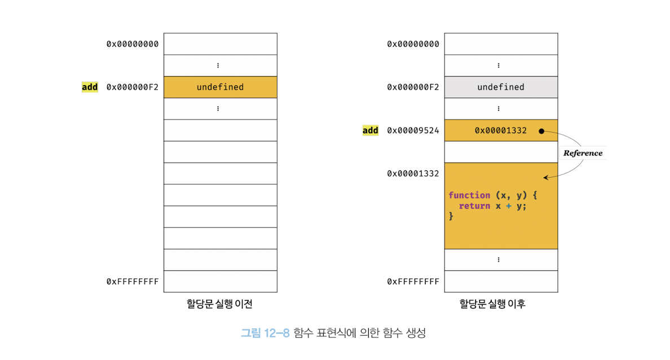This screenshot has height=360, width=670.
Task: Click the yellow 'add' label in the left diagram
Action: [90, 87]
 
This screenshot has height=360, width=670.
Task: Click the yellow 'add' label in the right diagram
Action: [370, 130]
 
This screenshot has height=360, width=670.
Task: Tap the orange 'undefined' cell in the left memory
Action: [220, 87]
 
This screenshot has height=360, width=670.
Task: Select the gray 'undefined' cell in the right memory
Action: [500, 87]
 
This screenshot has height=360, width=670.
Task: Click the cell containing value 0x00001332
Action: [500, 130]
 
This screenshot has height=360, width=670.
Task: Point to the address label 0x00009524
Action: [413, 130]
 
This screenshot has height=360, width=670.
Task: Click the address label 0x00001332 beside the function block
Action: [413, 174]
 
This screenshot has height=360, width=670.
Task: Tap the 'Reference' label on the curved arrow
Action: [583, 153]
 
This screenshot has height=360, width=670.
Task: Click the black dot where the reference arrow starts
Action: [541, 131]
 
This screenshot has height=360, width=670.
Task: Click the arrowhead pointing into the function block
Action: [545, 178]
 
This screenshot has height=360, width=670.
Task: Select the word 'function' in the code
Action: [469, 195]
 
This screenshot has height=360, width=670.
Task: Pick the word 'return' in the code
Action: [474, 206]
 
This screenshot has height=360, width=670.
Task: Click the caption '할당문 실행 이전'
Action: [219, 304]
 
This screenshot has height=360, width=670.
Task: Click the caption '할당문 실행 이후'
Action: [500, 304]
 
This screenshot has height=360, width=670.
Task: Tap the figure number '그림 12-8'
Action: [265, 333]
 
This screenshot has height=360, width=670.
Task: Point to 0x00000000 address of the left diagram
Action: [133, 44]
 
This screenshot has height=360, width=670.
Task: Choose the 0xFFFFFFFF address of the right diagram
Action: [413, 281]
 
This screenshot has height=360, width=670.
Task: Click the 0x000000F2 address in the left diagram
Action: [133, 87]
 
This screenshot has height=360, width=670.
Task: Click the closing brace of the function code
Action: [451, 216]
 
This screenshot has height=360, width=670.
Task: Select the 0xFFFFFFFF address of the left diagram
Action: [133, 281]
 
